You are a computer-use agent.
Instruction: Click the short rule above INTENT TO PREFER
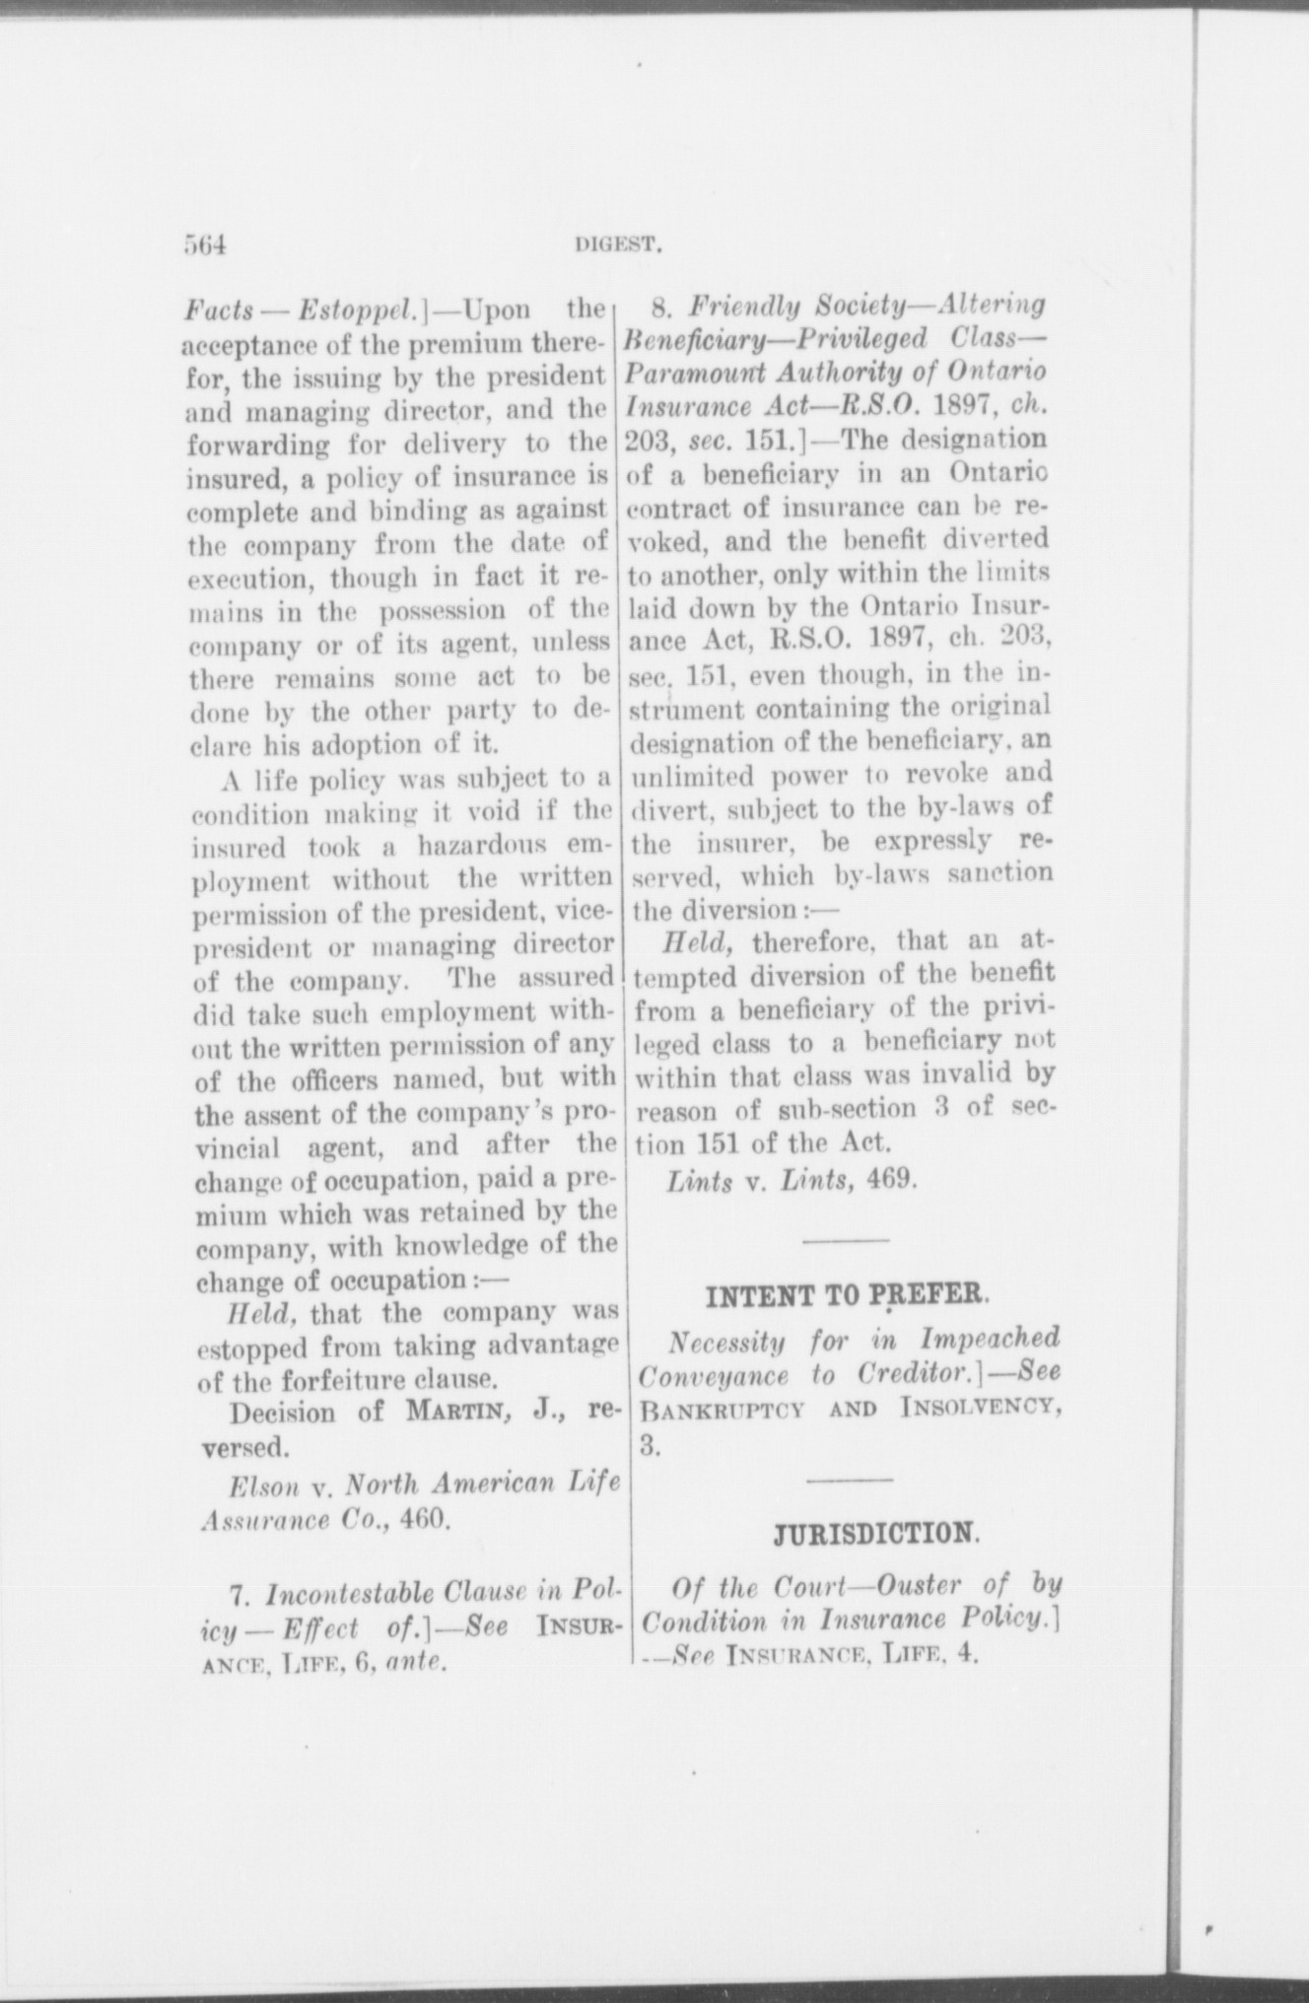pos(847,1238)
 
